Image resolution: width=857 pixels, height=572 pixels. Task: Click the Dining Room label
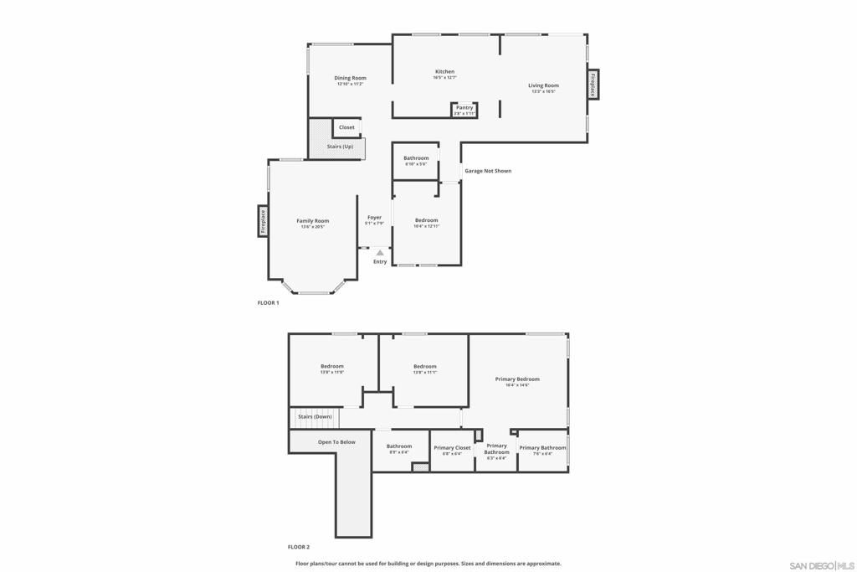[351, 78]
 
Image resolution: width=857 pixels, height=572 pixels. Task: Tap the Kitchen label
[444, 71]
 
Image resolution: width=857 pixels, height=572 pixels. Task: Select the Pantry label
[464, 107]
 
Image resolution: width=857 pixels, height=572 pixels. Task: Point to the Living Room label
[543, 85]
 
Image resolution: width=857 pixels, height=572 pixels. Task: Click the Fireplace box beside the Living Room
[593, 85]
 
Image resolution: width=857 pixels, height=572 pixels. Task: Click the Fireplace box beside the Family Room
[263, 221]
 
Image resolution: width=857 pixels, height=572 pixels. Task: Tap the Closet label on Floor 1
[346, 127]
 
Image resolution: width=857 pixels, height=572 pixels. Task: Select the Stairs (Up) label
[340, 147]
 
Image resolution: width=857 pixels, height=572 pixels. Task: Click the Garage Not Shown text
[488, 171]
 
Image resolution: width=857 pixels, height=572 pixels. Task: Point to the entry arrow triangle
[380, 252]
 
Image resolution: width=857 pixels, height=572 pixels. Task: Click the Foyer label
[374, 218]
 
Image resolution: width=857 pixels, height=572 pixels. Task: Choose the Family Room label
[312, 221]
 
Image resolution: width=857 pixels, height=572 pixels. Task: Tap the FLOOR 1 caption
[268, 302]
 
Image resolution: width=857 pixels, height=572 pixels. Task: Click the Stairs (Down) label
[316, 416]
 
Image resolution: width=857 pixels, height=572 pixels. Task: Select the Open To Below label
[336, 442]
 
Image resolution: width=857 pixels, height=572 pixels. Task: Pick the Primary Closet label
[452, 448]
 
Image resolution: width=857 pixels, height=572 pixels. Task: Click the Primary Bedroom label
[517, 379]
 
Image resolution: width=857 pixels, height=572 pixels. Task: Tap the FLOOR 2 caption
[299, 547]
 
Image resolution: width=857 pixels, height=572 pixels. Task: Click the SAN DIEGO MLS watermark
[822, 564]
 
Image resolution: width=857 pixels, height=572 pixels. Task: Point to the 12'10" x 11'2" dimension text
[351, 84]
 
